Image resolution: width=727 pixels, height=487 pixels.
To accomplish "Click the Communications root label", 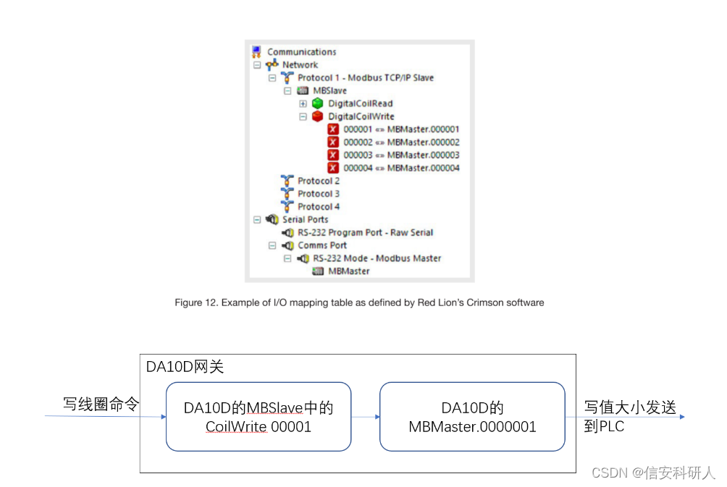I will coord(301,52).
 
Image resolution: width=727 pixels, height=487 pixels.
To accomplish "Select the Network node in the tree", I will coord(300,65).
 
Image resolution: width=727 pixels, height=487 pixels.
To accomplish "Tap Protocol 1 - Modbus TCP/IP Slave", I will coord(366,78).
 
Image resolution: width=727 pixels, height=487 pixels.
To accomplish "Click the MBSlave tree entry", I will coord(329,91).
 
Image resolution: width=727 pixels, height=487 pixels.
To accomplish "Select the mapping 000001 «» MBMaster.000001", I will coord(401,130).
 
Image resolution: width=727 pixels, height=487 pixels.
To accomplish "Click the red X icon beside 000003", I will coord(333,155).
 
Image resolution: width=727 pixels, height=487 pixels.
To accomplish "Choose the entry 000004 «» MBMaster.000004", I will coord(401,168).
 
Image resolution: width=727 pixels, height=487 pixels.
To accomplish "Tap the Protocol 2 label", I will coord(319,181).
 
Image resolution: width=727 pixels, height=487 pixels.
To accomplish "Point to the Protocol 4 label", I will coord(319,207).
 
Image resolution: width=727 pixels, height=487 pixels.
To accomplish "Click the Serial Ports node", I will coord(305,220).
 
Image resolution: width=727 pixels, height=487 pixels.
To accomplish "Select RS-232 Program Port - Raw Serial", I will coord(365,233).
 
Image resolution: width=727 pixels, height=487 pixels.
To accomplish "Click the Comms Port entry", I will coord(322,245).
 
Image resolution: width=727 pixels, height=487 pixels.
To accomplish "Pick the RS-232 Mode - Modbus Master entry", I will coord(377,258).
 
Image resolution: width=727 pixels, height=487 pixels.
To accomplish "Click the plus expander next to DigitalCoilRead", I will coord(303,103).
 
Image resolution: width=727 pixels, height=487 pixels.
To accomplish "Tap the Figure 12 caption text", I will coord(359,302).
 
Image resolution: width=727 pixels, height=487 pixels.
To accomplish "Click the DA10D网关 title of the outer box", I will coord(185,366).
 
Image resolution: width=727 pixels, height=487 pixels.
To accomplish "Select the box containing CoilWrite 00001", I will coord(259,417).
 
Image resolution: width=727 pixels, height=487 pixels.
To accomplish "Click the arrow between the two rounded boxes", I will coord(366,417).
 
